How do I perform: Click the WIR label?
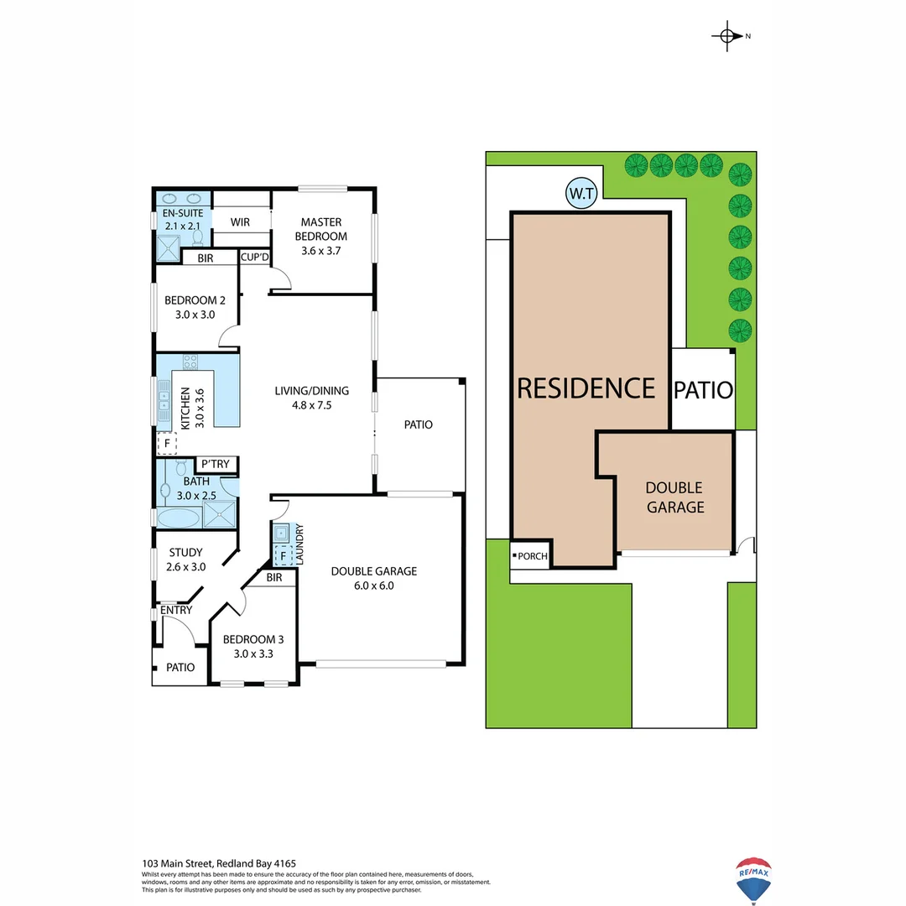242,221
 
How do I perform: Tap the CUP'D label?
254,258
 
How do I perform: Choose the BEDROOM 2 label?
195,307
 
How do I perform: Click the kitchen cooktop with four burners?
190,362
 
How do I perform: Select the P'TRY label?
216,464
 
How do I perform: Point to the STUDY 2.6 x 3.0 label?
185,560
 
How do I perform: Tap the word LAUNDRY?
299,543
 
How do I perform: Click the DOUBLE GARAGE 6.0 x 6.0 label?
373,578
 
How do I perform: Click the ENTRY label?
176,610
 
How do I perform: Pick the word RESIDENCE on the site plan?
586,388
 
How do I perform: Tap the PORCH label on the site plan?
533,555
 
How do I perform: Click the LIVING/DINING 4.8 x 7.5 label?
312,398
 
